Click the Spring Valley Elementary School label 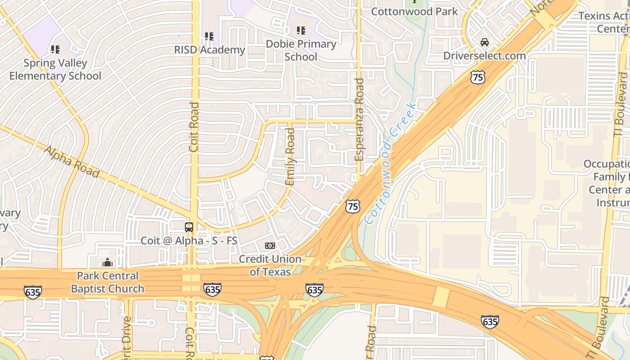tap(55, 69)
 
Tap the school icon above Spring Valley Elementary tap(55, 49)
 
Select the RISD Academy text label tap(210, 49)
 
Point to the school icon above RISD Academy tap(209, 36)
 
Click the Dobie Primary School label tap(301, 50)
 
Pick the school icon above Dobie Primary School tap(301, 31)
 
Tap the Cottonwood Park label tap(414, 11)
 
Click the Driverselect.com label tap(484, 56)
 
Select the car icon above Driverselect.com tap(485, 42)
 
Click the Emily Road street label tap(291, 157)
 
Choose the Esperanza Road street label tap(359, 120)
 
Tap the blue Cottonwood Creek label tap(390, 163)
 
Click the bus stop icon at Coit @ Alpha tap(189, 227)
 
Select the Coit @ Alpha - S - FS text tap(189, 241)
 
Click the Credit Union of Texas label tap(270, 265)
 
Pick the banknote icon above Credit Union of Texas tap(270, 245)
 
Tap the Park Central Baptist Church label tap(108, 282)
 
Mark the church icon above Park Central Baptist tap(108, 262)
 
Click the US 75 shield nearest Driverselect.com tap(478, 77)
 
